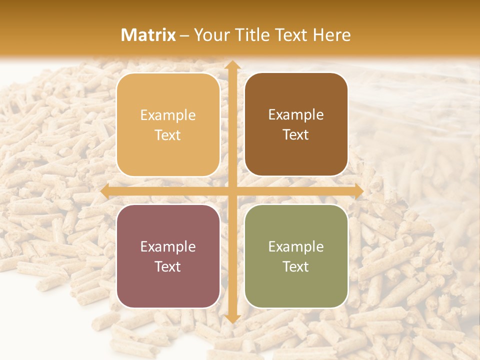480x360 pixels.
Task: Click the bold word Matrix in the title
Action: point(148,35)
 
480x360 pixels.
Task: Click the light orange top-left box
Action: point(168,125)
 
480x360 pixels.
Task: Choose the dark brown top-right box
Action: point(296,124)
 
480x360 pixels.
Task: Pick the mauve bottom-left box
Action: point(168,256)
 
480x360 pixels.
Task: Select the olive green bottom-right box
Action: point(296,256)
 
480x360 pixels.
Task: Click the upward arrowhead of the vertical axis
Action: point(232,65)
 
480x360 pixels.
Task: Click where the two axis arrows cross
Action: point(232,191)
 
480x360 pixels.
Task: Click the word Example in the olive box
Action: point(296,246)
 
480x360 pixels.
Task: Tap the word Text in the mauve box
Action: point(168,266)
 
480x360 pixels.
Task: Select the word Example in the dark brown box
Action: point(296,115)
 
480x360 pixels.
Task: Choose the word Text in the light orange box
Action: point(168,135)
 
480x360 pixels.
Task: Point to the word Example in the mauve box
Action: point(168,246)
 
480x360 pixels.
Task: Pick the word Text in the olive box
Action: point(296,266)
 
